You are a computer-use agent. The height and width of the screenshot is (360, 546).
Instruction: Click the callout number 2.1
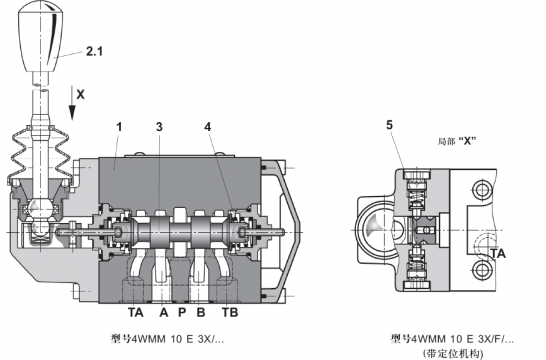tap(94, 52)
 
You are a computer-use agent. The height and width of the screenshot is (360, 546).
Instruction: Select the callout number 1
tap(119, 127)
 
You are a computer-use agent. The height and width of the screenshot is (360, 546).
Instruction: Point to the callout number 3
tap(159, 127)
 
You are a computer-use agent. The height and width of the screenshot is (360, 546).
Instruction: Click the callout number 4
tap(208, 127)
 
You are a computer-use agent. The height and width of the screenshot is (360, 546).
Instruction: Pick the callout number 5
tap(389, 125)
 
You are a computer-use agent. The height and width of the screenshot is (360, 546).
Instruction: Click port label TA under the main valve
tap(135, 312)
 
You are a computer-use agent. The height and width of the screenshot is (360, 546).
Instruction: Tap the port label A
tap(164, 312)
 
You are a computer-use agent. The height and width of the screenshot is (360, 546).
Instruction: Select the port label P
tap(182, 312)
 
